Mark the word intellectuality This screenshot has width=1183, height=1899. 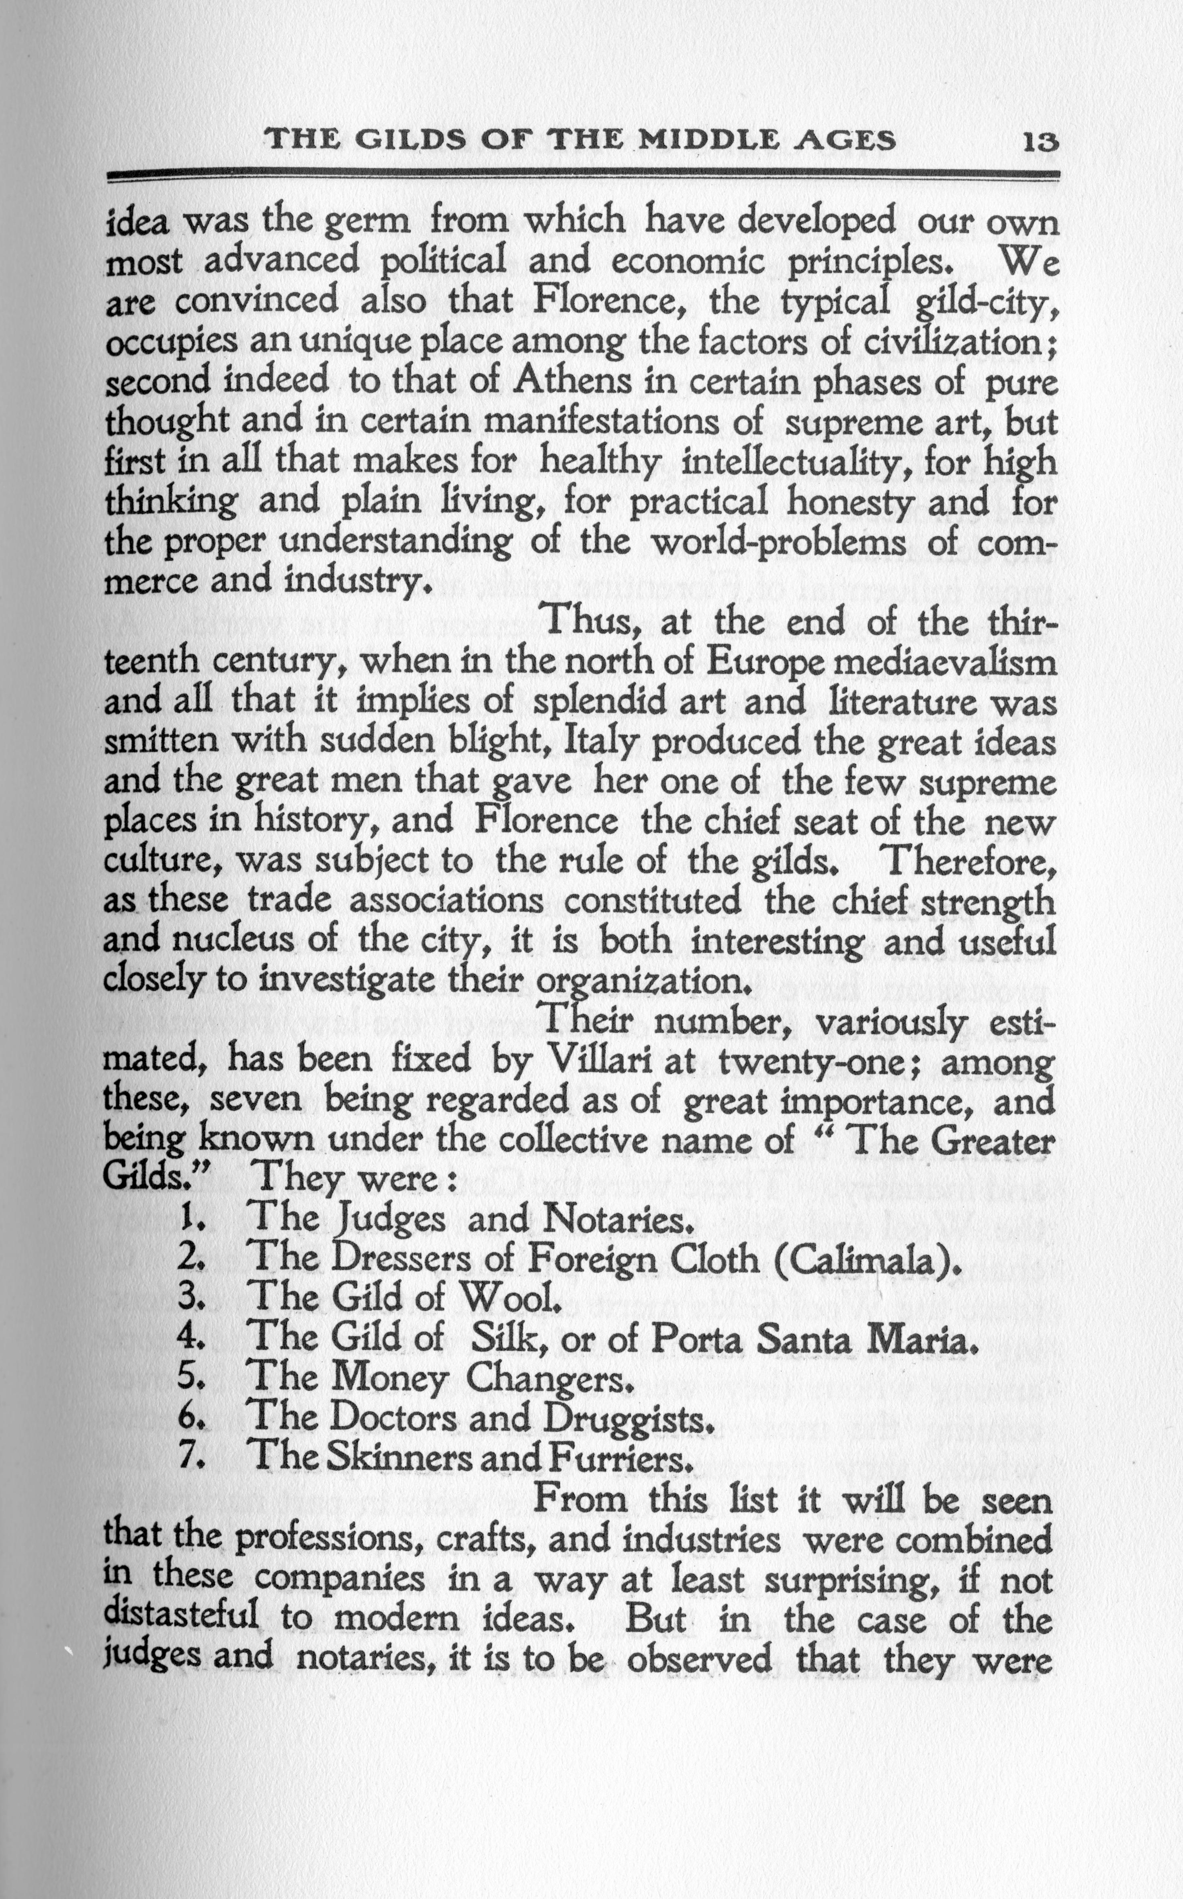point(795,462)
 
